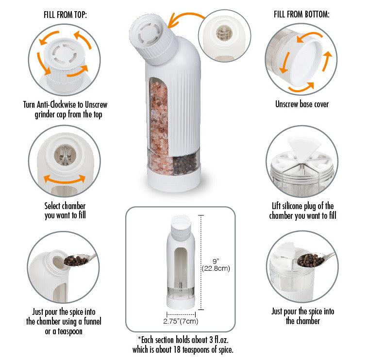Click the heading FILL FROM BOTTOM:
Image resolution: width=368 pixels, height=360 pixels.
pos(301,15)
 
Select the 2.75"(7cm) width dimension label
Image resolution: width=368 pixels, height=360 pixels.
pos(180,321)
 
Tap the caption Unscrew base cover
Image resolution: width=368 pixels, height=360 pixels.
pos(301,104)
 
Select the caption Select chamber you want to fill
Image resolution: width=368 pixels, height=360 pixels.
pos(65,211)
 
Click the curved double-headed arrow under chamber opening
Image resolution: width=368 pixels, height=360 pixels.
pos(65,180)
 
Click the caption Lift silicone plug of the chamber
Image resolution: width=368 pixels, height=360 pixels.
pos(302,211)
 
